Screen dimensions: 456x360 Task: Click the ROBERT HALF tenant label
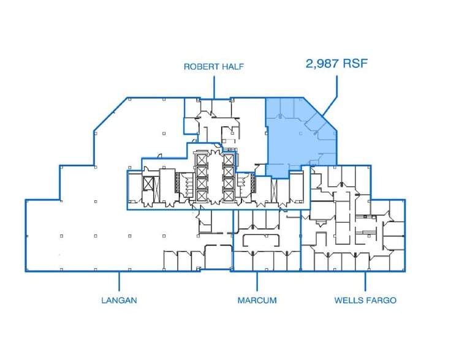click(x=214, y=67)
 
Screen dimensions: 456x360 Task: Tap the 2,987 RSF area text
click(x=336, y=63)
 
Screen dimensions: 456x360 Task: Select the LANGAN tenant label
click(x=119, y=300)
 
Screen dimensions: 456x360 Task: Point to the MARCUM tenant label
click(x=257, y=300)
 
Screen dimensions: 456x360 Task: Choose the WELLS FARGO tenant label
click(x=365, y=300)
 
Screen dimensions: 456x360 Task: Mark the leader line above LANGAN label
click(x=119, y=281)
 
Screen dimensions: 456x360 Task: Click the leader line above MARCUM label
click(x=257, y=281)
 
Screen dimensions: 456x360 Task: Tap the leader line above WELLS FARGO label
click(x=365, y=281)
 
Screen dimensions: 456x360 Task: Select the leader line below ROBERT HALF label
click(x=214, y=87)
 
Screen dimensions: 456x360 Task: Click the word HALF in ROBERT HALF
click(x=233, y=67)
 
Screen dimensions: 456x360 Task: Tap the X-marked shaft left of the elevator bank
click(x=148, y=184)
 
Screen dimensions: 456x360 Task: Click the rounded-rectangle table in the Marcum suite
click(x=261, y=240)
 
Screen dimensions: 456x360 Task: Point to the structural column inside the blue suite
click(x=300, y=133)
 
